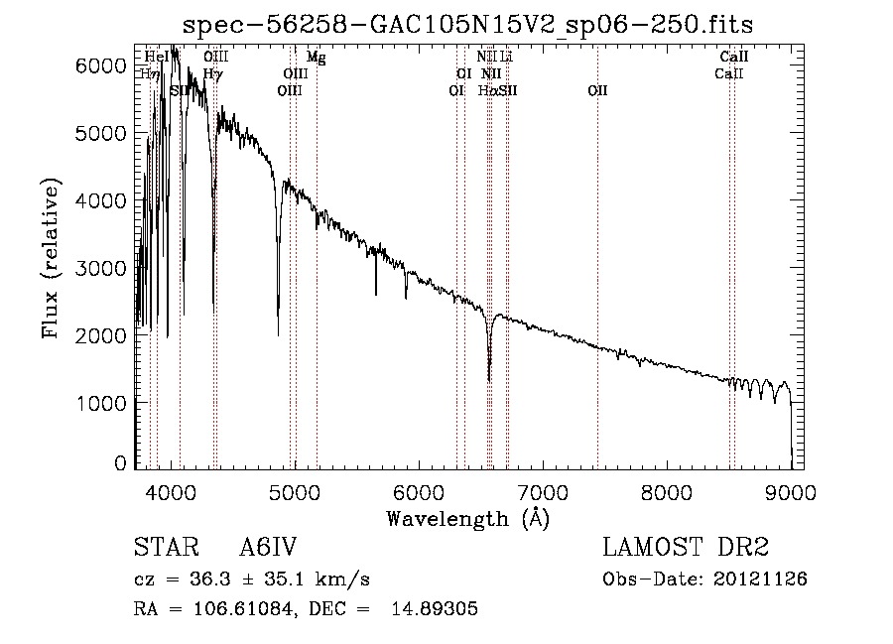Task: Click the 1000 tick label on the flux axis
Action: [x=106, y=403]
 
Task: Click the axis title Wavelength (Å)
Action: [x=467, y=518]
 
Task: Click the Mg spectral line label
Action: [x=316, y=58]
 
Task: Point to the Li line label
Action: [x=506, y=58]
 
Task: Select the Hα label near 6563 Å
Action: [x=486, y=91]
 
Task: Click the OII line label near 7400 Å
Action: [x=597, y=91]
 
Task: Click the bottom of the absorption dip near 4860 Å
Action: [x=278, y=334]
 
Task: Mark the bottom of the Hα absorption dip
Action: [x=489, y=379]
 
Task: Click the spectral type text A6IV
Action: [x=268, y=548]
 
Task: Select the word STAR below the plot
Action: [x=162, y=548]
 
